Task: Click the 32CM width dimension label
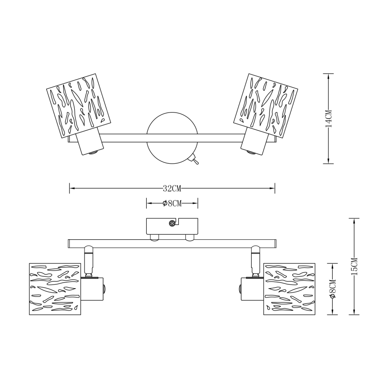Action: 172,189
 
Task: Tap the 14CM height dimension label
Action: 329,119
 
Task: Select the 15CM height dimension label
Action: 354,266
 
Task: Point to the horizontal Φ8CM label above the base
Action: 172,203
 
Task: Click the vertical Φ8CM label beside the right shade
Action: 333,289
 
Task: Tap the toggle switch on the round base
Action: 194,159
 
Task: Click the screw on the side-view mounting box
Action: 172,224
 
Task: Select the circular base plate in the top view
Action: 173,138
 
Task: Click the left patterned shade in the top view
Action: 79,106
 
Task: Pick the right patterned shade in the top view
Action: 266,106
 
